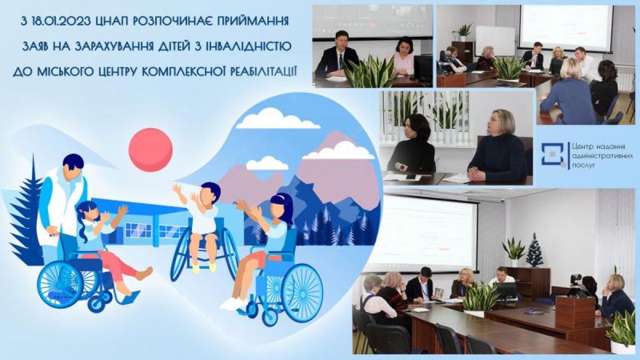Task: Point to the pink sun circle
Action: pyautogui.click(x=150, y=149)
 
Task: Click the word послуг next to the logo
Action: pyautogui.click(x=582, y=165)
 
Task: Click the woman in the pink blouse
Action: pyautogui.click(x=404, y=57)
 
